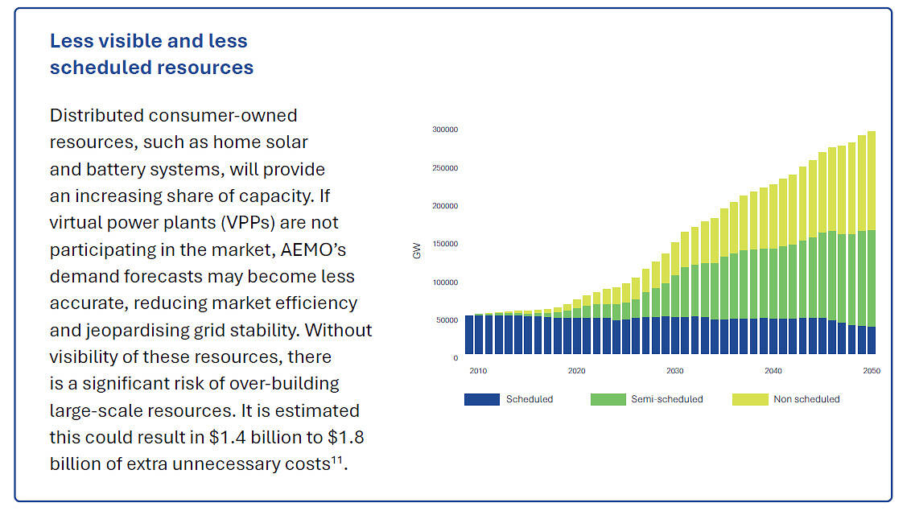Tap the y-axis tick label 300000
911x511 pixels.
coord(445,130)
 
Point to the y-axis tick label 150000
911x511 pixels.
coord(445,244)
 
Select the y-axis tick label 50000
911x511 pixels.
coord(447,320)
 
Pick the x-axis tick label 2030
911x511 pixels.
coord(674,371)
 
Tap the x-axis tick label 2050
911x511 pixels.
coord(872,371)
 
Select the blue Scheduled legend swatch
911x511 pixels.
coord(481,399)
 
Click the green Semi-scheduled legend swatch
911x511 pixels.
coord(608,399)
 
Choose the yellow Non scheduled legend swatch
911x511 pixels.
coord(749,399)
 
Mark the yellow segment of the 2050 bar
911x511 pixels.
coord(872,180)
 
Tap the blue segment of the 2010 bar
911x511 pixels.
coord(470,335)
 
